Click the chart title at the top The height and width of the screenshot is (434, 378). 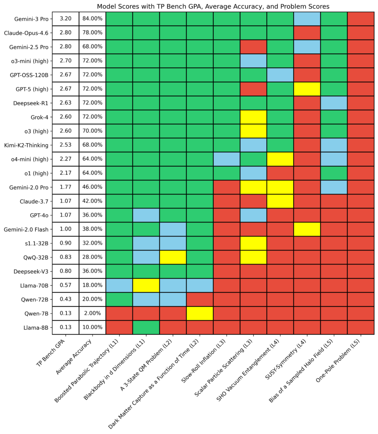(x=213, y=6)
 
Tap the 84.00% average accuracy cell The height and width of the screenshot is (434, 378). (x=92, y=19)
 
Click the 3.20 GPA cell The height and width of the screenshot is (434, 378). (x=66, y=19)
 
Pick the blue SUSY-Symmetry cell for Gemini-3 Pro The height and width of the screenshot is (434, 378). (x=307, y=19)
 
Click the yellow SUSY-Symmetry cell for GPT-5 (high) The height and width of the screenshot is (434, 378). (x=307, y=89)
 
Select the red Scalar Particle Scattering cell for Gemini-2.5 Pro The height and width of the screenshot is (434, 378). (x=253, y=47)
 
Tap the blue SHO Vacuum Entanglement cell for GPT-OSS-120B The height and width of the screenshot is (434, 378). (x=280, y=75)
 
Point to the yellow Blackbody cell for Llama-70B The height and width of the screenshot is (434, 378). (x=146, y=285)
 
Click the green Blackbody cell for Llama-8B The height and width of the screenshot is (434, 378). (x=146, y=327)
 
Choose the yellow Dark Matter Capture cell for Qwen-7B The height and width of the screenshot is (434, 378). (x=199, y=313)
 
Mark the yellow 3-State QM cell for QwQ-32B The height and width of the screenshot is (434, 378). (x=173, y=257)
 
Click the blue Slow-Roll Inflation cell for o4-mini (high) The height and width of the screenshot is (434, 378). (x=226, y=159)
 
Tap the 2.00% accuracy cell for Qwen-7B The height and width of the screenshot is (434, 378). (x=92, y=313)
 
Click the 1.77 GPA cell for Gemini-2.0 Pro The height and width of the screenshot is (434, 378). (x=66, y=187)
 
